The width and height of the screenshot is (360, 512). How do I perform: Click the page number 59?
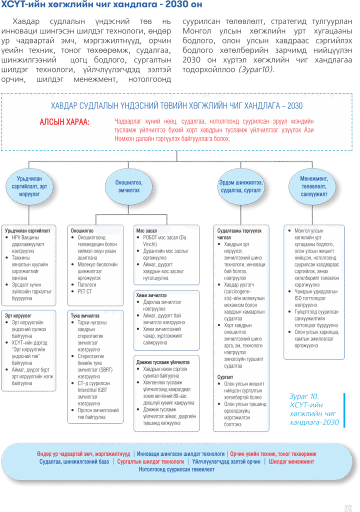click(x=348, y=508)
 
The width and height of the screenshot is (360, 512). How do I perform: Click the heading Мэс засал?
click(x=146, y=231)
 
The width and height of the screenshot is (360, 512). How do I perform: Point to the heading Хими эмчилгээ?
click(x=151, y=295)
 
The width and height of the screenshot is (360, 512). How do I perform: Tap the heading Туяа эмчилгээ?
click(x=85, y=316)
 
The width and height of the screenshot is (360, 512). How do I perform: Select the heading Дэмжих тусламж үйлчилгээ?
click(x=163, y=361)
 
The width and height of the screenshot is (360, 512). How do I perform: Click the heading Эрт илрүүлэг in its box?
click(x=18, y=316)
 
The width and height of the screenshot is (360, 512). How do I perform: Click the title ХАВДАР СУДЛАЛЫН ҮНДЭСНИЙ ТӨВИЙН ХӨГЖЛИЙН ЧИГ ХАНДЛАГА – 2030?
click(x=176, y=106)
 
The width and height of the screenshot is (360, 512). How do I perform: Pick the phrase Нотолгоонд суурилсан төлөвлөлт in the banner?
click(x=176, y=469)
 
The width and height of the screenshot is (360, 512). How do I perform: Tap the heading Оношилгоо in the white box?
click(x=82, y=231)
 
